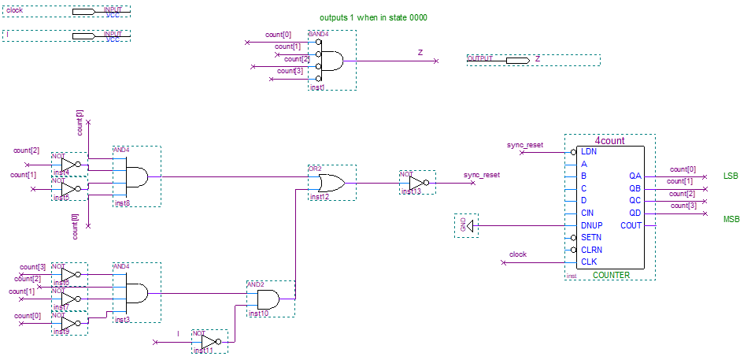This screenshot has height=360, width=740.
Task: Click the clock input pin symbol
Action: click(x=83, y=12)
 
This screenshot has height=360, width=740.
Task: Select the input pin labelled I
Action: click(x=83, y=35)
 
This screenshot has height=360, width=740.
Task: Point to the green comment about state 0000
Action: click(x=373, y=17)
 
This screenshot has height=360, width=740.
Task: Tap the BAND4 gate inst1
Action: click(x=331, y=61)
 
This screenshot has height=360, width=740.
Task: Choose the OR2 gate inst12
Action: click(x=331, y=183)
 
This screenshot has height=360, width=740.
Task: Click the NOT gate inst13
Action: click(x=416, y=182)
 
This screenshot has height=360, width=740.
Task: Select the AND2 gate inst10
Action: click(x=270, y=299)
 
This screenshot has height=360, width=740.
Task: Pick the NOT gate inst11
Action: click(x=209, y=343)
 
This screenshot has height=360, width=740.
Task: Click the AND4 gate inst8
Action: click(x=136, y=176)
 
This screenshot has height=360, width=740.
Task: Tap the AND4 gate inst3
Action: click(x=136, y=293)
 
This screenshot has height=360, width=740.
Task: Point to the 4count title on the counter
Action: click(x=609, y=141)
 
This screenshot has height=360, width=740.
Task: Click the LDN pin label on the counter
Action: click(x=588, y=151)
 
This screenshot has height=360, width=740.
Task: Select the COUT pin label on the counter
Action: click(x=631, y=225)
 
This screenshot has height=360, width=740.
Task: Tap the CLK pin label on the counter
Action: click(x=588, y=262)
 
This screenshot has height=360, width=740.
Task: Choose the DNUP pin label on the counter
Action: click(x=591, y=225)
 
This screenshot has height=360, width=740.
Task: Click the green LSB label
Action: click(x=731, y=176)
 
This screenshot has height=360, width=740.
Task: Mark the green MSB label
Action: click(x=731, y=218)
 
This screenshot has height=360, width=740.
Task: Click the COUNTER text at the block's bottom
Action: click(x=611, y=275)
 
